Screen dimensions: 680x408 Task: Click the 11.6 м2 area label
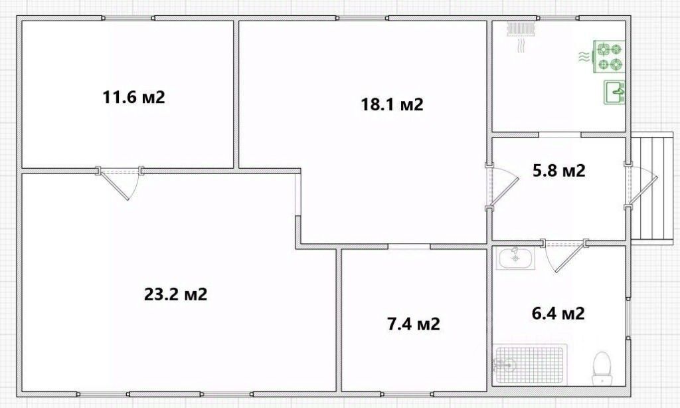click(134, 97)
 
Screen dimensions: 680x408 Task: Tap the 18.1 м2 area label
click(392, 104)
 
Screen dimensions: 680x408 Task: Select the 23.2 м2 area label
click(175, 294)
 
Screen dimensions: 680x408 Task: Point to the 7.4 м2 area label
click(413, 324)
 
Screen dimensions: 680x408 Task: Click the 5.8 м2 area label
click(559, 170)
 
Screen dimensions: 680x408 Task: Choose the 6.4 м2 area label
click(558, 312)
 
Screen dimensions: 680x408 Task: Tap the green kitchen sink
click(614, 92)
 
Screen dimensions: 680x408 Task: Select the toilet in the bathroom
click(602, 368)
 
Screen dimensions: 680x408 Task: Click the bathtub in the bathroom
click(530, 364)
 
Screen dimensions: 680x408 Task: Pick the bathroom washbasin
click(515, 258)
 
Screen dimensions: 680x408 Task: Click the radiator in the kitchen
click(522, 28)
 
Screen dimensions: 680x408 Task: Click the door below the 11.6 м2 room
click(120, 182)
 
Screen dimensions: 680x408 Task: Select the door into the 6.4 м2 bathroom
click(564, 255)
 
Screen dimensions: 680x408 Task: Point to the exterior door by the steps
click(641, 186)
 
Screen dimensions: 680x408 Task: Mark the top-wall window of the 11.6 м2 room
click(128, 18)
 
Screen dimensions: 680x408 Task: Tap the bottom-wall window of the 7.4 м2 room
click(407, 394)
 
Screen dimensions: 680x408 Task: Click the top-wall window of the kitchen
click(558, 18)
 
